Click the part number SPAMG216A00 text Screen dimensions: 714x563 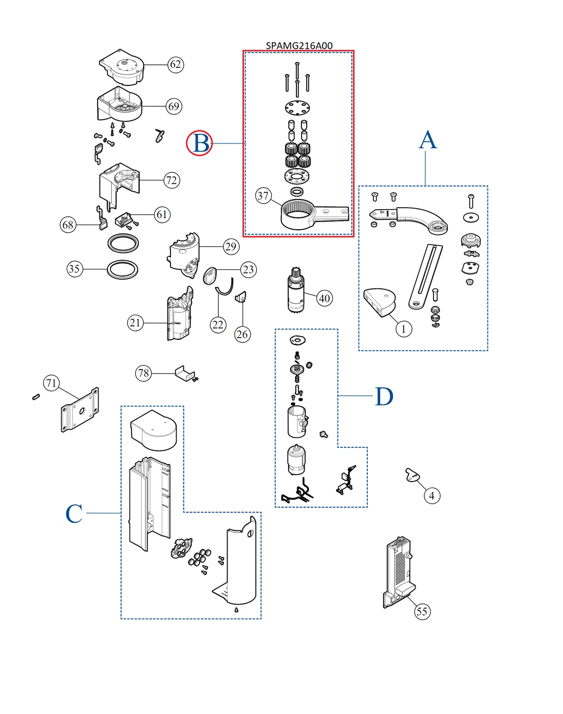(299, 45)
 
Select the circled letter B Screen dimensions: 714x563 (199, 143)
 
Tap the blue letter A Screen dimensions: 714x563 (427, 140)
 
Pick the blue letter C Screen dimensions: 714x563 (74, 514)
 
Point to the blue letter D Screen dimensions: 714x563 (384, 396)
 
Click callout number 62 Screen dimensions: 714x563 (176, 64)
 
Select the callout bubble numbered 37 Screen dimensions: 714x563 (264, 195)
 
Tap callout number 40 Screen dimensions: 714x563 (325, 298)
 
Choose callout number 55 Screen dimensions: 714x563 (422, 611)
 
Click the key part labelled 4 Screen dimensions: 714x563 (412, 475)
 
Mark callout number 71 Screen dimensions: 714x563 (51, 383)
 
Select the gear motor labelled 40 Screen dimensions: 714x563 (296, 291)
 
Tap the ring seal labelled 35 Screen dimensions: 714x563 (123, 269)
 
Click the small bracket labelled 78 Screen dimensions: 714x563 (184, 373)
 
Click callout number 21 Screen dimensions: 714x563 (135, 323)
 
